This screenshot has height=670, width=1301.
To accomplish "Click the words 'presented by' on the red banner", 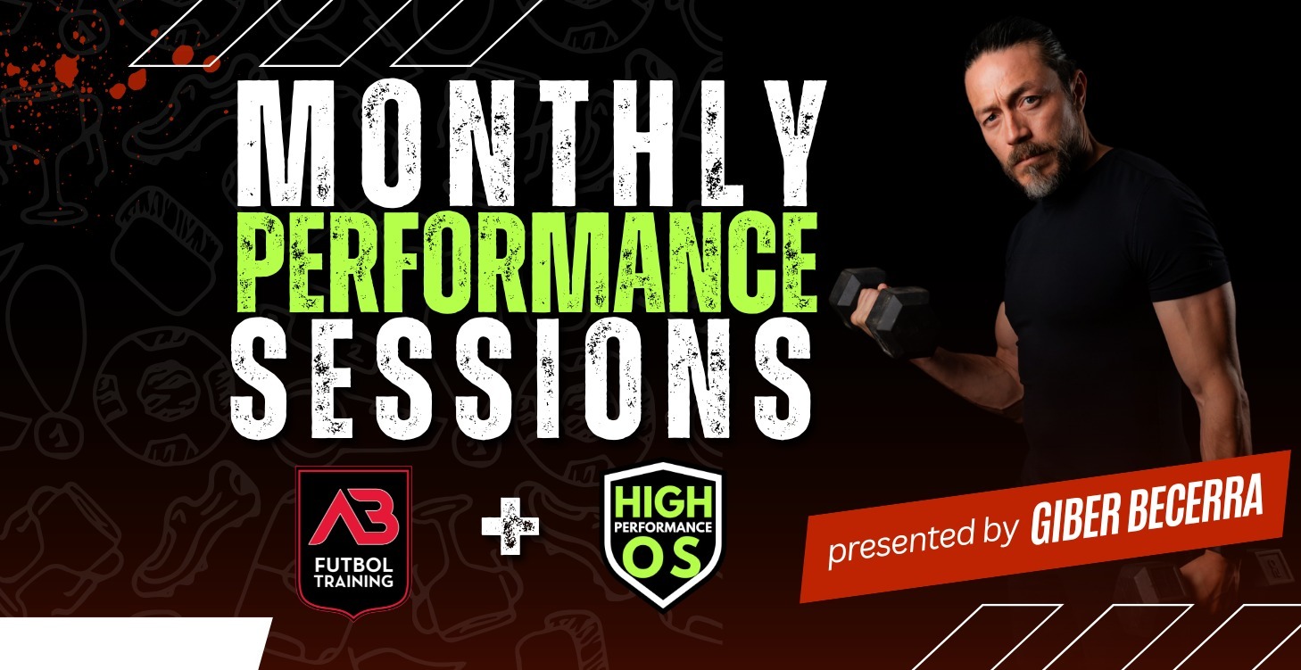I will (924, 539).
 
